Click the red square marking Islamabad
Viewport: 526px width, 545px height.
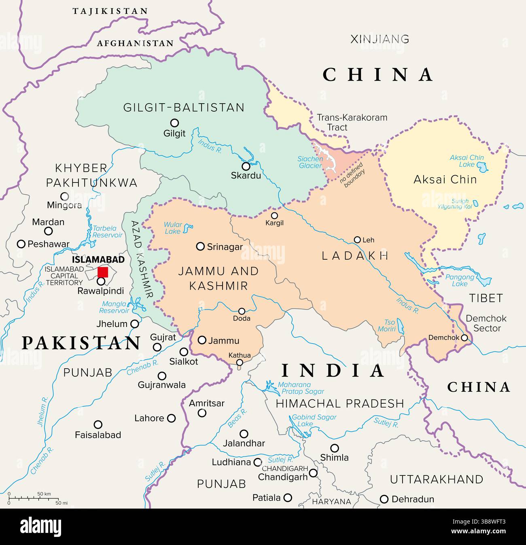point(103,272)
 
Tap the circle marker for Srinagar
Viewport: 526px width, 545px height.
point(200,246)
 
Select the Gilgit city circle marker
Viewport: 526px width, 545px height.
point(174,123)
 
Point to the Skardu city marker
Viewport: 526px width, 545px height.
point(246,166)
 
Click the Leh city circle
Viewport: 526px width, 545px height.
point(357,240)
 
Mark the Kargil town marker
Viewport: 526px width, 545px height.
point(274,216)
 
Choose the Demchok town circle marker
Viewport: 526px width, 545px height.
point(464,337)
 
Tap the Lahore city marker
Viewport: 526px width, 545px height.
point(172,418)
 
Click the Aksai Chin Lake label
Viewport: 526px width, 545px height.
point(467,161)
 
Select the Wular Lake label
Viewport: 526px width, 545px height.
point(173,228)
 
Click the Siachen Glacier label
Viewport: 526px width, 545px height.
point(310,162)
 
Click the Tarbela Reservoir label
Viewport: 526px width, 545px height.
point(107,231)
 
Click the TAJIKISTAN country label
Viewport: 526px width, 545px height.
point(110,11)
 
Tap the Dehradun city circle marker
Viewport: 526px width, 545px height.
point(384,499)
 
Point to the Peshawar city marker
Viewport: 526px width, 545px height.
point(21,244)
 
